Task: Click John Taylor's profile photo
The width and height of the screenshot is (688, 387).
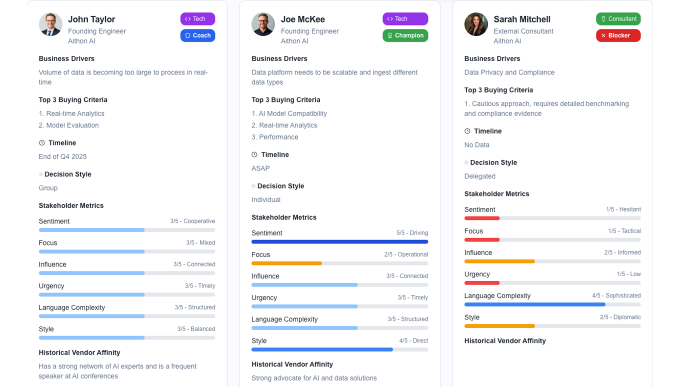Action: click(x=50, y=24)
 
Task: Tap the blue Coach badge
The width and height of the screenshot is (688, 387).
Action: click(x=198, y=35)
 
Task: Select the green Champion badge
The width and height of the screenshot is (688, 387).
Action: click(x=405, y=35)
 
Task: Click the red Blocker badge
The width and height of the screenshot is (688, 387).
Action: click(x=618, y=35)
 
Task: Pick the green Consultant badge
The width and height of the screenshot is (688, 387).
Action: click(x=618, y=19)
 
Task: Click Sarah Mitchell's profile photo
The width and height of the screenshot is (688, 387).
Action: click(x=476, y=24)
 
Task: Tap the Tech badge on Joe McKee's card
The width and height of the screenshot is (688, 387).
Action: click(x=405, y=19)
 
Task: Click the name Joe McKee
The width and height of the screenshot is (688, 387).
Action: click(x=303, y=19)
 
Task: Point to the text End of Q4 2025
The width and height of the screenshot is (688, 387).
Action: click(x=63, y=157)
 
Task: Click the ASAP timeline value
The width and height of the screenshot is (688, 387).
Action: click(x=261, y=169)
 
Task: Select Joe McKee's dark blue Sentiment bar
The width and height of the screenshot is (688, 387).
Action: click(x=339, y=242)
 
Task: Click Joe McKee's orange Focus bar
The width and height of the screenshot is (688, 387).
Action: click(x=286, y=263)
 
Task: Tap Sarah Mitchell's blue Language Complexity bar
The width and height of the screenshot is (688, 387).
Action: click(x=534, y=304)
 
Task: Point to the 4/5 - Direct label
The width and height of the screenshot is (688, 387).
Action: click(x=413, y=340)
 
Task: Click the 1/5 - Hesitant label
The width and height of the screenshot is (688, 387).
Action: click(x=623, y=209)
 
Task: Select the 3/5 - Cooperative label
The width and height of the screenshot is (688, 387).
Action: click(x=192, y=221)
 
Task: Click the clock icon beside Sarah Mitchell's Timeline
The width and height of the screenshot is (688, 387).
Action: click(x=467, y=131)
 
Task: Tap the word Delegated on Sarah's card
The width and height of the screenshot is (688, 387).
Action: click(x=480, y=176)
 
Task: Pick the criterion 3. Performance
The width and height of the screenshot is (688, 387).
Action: click(x=275, y=137)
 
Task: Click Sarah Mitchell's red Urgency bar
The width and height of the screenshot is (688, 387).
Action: click(x=482, y=283)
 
